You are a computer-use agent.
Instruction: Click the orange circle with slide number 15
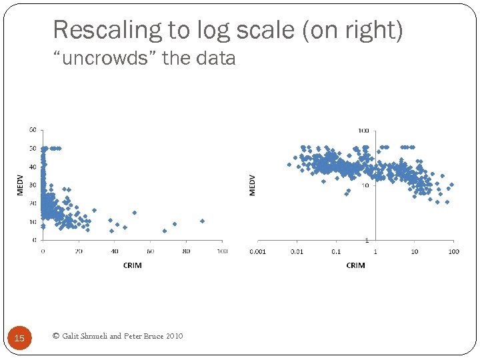[x=19, y=339]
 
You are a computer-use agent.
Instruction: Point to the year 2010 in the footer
[x=173, y=336]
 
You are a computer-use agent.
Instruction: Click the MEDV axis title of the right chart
[x=252, y=185]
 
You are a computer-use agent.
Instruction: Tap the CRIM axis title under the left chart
[x=132, y=265]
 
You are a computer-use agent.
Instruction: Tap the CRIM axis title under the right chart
[x=355, y=265]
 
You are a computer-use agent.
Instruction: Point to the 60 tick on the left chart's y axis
[x=32, y=130]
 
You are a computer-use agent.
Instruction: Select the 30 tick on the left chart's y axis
[x=32, y=185]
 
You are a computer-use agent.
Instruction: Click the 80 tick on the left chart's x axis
[x=186, y=251]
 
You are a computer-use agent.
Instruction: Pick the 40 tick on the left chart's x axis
[x=114, y=251]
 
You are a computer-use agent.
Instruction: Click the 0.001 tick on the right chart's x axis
[x=257, y=252]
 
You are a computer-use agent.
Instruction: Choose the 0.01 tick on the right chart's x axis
[x=297, y=252]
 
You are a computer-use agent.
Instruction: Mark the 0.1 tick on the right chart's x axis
[x=336, y=252]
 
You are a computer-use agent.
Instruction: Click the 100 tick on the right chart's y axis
[x=364, y=131]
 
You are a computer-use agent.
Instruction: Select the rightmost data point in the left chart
[x=202, y=221]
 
